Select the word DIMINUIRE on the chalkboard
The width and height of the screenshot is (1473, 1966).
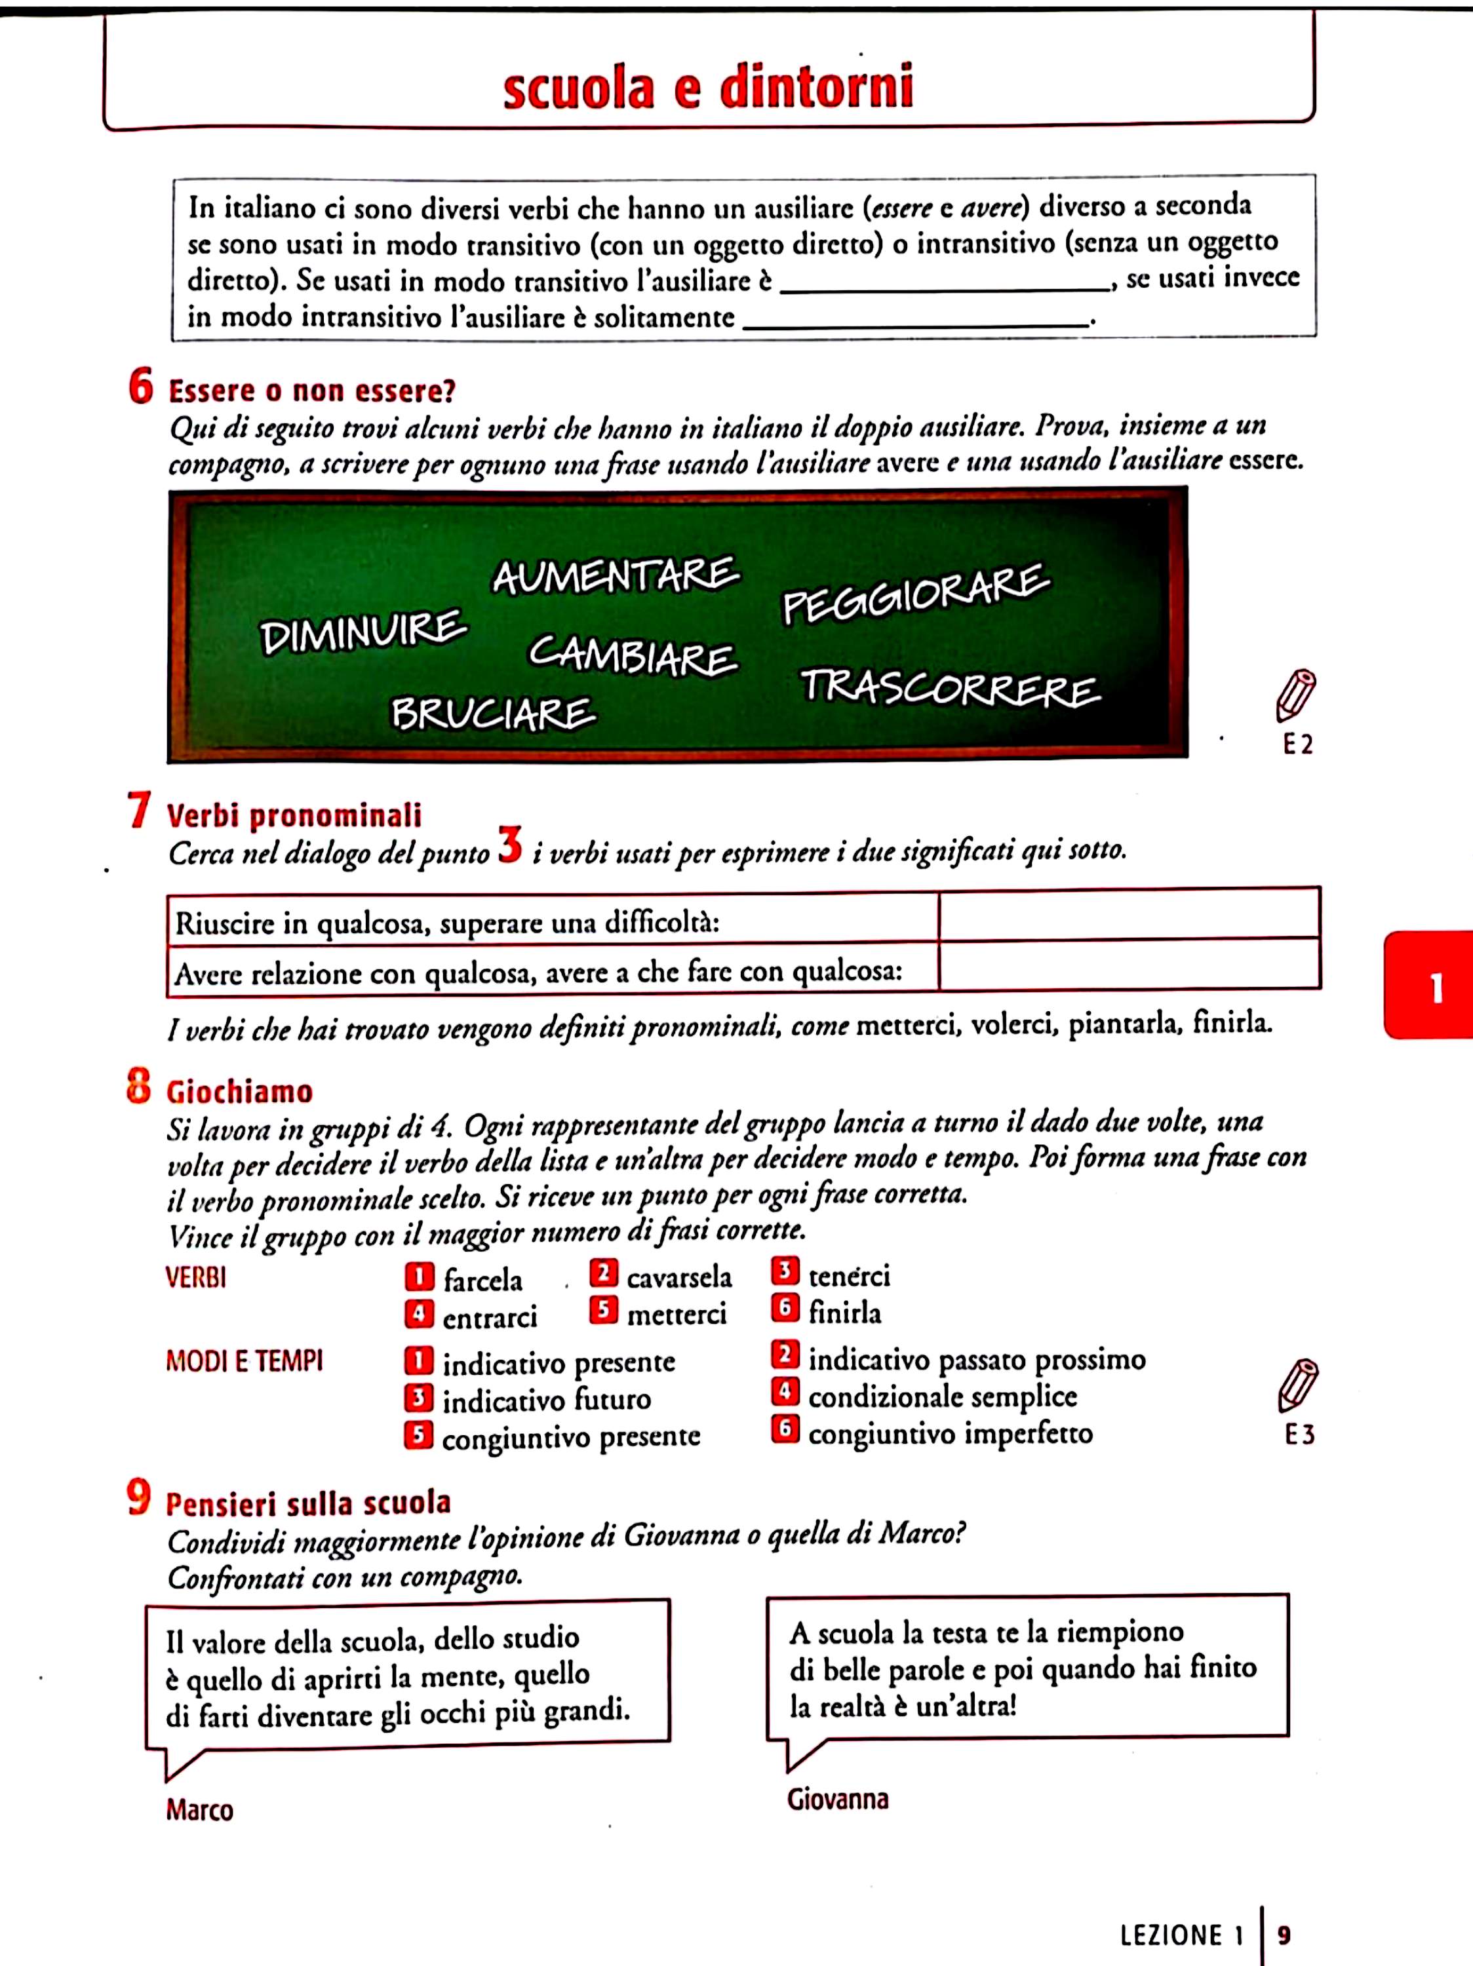(x=363, y=631)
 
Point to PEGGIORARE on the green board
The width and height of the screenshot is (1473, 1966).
(x=916, y=594)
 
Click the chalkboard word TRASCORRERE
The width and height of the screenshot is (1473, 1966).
(x=949, y=689)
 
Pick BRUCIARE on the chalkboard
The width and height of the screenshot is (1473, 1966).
(x=494, y=713)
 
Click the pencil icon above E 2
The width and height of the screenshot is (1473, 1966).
(x=1296, y=695)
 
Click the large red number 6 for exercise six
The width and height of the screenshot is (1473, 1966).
(x=140, y=387)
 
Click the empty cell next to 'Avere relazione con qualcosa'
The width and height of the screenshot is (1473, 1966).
(x=1128, y=965)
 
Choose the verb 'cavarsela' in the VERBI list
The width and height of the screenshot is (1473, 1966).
(x=679, y=1277)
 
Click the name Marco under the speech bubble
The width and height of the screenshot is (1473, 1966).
(x=199, y=1809)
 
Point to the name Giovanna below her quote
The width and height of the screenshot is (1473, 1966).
(x=837, y=1799)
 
